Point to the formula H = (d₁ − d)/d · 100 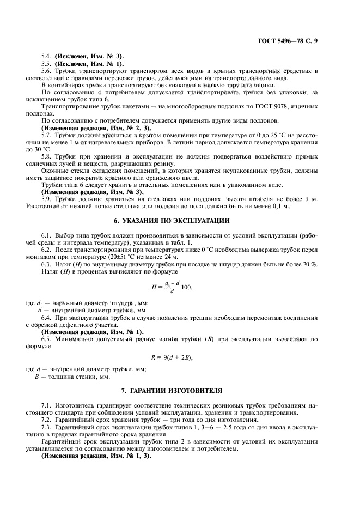click(173, 287)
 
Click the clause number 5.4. click(46, 56)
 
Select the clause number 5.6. click(46, 70)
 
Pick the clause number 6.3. click(46, 264)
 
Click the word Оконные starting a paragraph click(54, 170)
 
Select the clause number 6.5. click(46, 339)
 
